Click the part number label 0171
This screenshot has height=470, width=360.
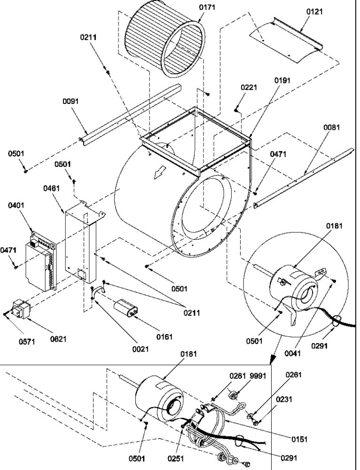point(207,7)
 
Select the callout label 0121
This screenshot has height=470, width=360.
point(314,12)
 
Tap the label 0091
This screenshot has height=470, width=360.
point(71,101)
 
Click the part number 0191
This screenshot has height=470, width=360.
point(282,80)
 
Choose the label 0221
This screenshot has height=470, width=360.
point(249,87)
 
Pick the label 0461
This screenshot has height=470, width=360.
point(51,188)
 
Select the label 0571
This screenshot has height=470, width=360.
point(27,342)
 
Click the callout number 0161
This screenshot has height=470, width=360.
point(164,337)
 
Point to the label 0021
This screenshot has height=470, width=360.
point(141,349)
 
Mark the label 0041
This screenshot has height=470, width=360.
point(292,353)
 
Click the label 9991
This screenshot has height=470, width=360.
point(258,376)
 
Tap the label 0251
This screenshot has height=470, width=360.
point(175,458)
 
